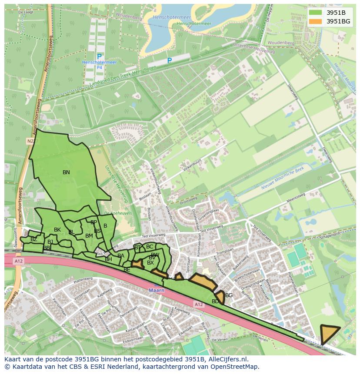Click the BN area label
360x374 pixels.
coord(66,172)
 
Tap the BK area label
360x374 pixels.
coord(57,230)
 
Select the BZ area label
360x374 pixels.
coord(34,239)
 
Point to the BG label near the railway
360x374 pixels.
coord(229,295)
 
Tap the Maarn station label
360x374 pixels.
coord(155,290)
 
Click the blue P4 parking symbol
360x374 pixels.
coord(99,57)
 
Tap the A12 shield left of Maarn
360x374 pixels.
coord(18,261)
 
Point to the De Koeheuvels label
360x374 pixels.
coord(112,213)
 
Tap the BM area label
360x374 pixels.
coord(89,236)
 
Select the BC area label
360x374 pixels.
coord(150,247)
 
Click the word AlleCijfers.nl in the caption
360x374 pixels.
coord(228,359)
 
